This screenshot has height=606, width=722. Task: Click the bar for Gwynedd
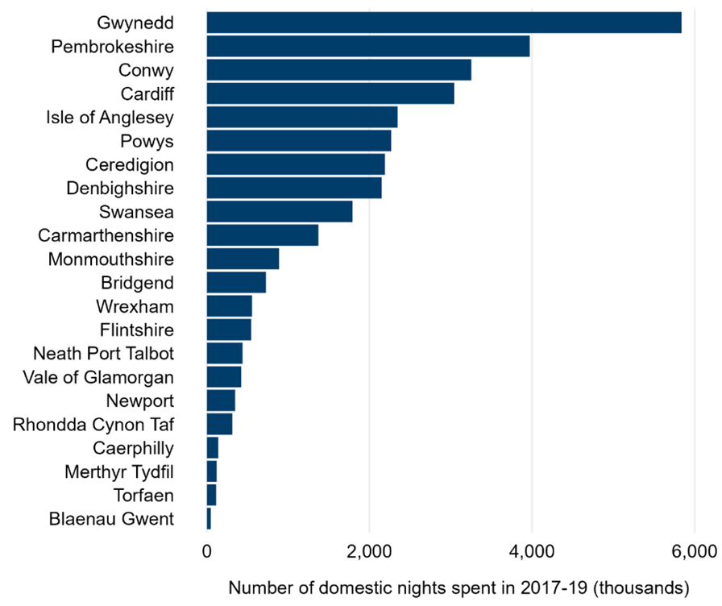[x=443, y=23]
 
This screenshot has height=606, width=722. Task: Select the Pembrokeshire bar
[x=368, y=46]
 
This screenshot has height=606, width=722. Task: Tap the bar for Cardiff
[x=330, y=93]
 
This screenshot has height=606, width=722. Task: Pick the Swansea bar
[x=280, y=212]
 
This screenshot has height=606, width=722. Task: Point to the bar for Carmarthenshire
[x=263, y=235]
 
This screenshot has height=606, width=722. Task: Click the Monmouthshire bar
[x=243, y=259]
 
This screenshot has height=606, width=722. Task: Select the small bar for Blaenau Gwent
[x=209, y=518]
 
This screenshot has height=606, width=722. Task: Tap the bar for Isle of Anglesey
[x=302, y=117]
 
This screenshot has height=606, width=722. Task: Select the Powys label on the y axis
[x=151, y=141]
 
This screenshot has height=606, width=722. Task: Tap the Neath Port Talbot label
[x=104, y=353]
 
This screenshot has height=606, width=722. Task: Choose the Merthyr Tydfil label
[x=119, y=471]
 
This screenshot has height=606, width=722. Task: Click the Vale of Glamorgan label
[x=98, y=377]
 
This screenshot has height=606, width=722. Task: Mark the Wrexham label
[x=135, y=306]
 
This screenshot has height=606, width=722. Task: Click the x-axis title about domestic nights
[x=461, y=586]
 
